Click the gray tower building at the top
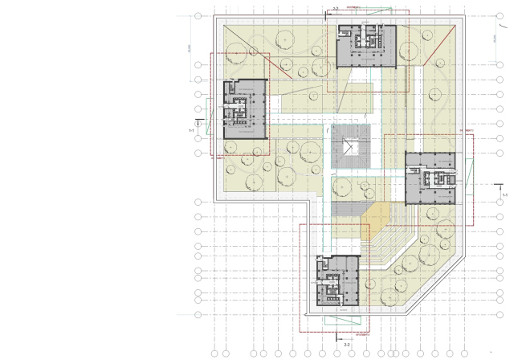[367, 46]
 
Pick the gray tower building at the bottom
[337, 280]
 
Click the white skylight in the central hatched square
[350, 146]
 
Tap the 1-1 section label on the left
[191, 129]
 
